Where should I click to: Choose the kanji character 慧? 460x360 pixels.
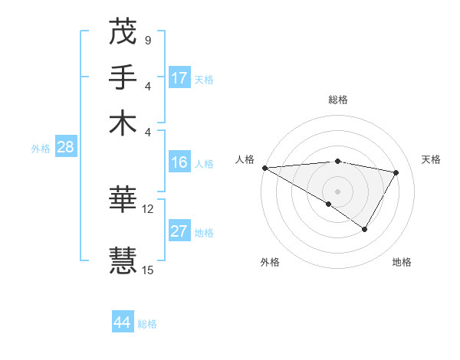[x=123, y=259]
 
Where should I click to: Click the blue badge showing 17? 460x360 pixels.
[x=179, y=78]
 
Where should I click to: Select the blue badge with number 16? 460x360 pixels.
[x=179, y=162]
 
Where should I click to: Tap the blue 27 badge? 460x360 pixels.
[x=179, y=232]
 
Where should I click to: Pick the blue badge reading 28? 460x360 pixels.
[x=65, y=148]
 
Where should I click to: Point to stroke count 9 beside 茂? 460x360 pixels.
[x=147, y=40]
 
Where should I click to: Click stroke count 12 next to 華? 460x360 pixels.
[x=148, y=208]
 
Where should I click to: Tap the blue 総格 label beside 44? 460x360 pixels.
[x=147, y=324]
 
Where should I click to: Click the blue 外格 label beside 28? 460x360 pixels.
[x=41, y=149]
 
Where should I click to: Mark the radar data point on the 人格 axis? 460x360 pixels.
[x=264, y=168]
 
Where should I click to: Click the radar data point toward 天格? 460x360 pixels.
[x=396, y=173]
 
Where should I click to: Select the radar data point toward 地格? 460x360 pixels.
[x=365, y=229]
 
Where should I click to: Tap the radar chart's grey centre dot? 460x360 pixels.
[x=337, y=190]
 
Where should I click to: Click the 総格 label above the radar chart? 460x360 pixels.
[x=338, y=100]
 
